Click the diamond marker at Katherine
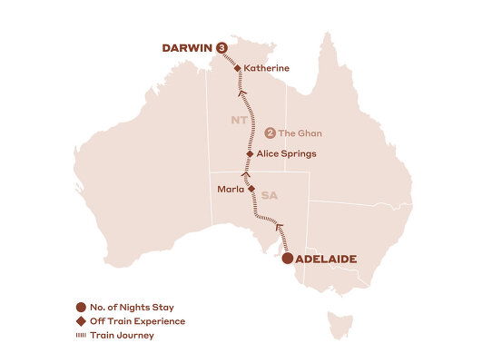tap(238, 68)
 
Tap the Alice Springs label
tap(286, 153)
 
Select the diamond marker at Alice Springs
tap(250, 154)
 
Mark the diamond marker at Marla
tap(251, 190)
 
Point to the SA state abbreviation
tap(270, 194)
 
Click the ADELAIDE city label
tap(328, 259)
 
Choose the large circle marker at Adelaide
tap(288, 259)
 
